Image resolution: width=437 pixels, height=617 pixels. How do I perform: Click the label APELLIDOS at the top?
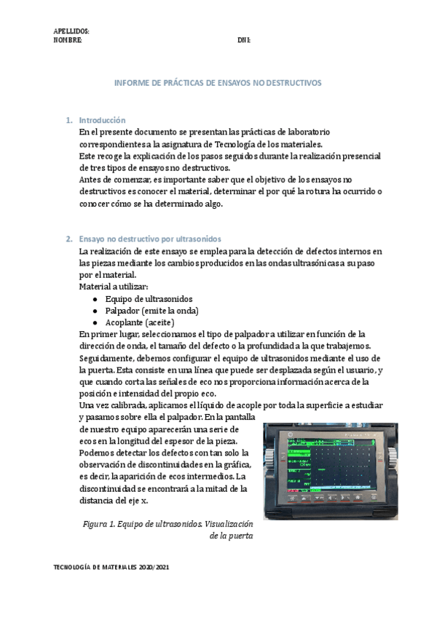71,31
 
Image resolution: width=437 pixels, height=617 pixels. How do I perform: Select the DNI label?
244,40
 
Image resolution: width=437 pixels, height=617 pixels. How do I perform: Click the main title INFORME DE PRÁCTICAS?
218,84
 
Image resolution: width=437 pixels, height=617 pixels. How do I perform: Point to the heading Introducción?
102,120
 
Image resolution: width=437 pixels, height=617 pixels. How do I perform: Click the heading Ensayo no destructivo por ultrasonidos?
150,239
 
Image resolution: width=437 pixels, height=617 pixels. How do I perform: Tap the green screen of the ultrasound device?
328,465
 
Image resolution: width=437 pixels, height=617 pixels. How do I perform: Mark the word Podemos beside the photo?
97,453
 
